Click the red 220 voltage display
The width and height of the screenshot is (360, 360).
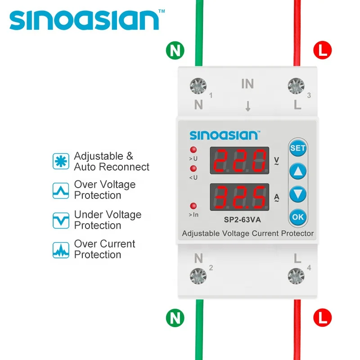click(239, 160)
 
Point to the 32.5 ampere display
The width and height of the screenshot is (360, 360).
click(239, 197)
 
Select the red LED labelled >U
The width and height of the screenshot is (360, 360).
click(193, 150)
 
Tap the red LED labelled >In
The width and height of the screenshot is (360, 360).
click(193, 205)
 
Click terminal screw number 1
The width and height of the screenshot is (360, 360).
click(198, 85)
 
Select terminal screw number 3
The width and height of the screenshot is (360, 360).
click(296, 85)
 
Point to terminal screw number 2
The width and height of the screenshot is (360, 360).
click(198, 275)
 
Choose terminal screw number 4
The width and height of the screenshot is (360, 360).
click(296, 275)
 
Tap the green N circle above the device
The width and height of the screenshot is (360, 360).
click(175, 50)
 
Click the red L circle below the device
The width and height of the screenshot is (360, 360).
click(322, 317)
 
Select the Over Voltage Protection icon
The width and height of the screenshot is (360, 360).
click(61, 190)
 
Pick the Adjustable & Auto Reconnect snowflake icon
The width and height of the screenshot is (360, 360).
click(61, 161)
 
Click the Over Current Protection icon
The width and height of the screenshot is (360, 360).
click(61, 249)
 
